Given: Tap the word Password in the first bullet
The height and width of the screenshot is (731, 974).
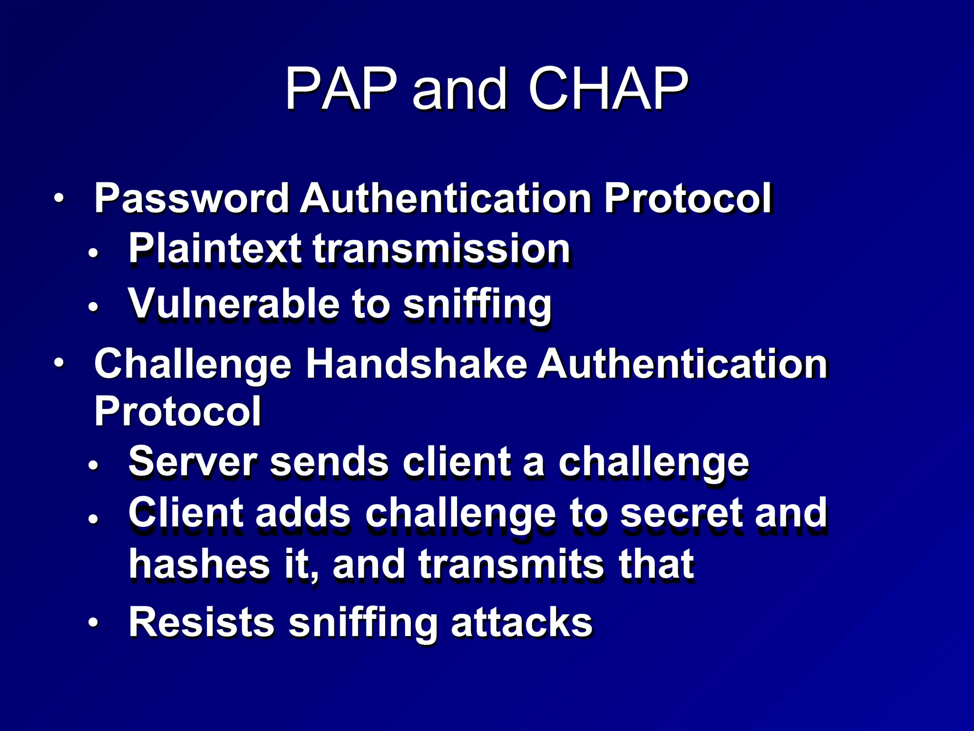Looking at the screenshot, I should click(x=191, y=198).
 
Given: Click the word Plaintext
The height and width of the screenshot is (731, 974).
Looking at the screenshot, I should click(x=214, y=248).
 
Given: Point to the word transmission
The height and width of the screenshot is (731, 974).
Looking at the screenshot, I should click(x=441, y=248).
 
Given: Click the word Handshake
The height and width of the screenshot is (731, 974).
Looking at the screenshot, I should click(x=416, y=364).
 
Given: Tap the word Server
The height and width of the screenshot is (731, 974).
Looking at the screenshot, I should click(x=193, y=462).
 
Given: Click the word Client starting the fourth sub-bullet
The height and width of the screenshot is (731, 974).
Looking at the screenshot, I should click(x=185, y=513).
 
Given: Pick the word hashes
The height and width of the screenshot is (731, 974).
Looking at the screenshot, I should click(x=200, y=564).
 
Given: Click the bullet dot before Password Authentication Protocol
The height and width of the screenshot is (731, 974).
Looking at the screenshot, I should click(x=58, y=198).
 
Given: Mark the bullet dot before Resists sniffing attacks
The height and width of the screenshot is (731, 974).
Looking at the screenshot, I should click(x=93, y=622).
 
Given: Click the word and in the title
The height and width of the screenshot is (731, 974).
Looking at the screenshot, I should click(x=459, y=89).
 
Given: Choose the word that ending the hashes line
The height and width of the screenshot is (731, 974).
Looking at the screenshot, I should click(x=656, y=564).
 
